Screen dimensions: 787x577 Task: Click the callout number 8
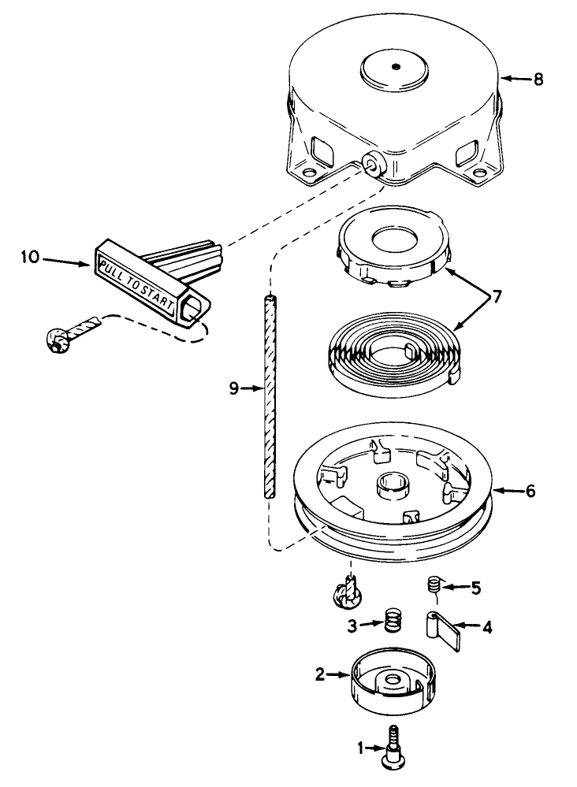[x=538, y=79]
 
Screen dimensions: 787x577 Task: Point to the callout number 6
[x=530, y=490]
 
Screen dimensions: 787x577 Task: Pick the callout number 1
[x=359, y=749]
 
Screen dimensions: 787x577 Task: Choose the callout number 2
[x=321, y=674]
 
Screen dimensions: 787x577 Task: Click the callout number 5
[x=475, y=586]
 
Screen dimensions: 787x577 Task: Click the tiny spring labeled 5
[x=433, y=585]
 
